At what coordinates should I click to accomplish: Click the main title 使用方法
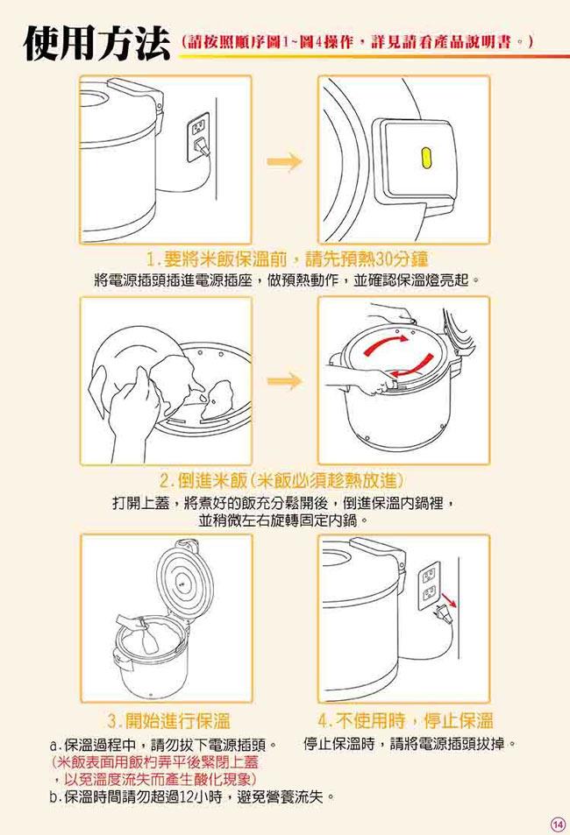[x=96, y=42]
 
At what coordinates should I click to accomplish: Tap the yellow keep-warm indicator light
[x=426, y=157]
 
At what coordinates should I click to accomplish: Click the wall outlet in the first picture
[x=198, y=137]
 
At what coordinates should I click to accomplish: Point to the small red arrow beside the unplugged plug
[x=449, y=599]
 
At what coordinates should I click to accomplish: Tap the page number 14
[x=558, y=824]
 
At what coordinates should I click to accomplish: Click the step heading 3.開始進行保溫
[x=168, y=720]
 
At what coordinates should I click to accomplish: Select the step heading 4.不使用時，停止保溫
[x=405, y=720]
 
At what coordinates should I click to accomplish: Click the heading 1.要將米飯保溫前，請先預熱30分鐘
[x=287, y=258]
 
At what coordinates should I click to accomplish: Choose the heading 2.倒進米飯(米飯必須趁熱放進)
[x=282, y=481]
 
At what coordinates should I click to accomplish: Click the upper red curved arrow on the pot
[x=385, y=343]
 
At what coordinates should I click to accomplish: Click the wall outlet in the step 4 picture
[x=429, y=584]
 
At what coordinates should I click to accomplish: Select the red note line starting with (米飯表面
[x=154, y=761]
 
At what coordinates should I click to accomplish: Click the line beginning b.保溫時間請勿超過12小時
[x=192, y=797]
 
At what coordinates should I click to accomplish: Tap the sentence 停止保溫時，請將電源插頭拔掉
[x=410, y=743]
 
